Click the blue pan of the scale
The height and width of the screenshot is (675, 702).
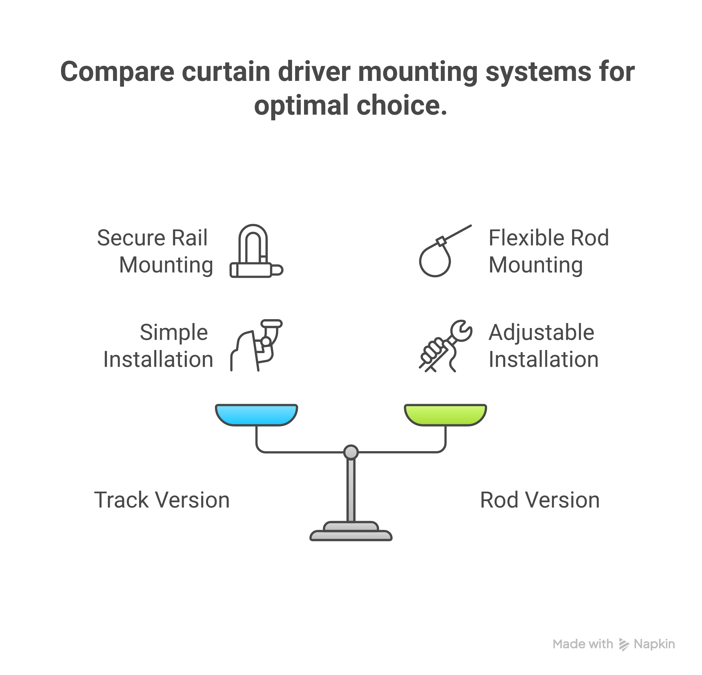pyautogui.click(x=256, y=414)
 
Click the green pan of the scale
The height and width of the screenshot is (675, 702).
pyautogui.click(x=445, y=414)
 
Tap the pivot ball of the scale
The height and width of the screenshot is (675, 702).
pyautogui.click(x=351, y=452)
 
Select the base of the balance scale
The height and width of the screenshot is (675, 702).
pyautogui.click(x=351, y=533)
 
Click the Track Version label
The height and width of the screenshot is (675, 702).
pyautogui.click(x=162, y=500)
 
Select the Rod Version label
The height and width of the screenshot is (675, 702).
pyautogui.click(x=540, y=500)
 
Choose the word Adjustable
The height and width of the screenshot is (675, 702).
pyautogui.click(x=541, y=333)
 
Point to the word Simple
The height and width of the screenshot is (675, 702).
pyautogui.click(x=174, y=333)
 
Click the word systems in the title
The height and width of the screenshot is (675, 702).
pyautogui.click(x=537, y=72)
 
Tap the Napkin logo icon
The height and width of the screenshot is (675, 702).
pyautogui.click(x=624, y=644)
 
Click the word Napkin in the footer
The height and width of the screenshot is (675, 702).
pyautogui.click(x=654, y=644)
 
